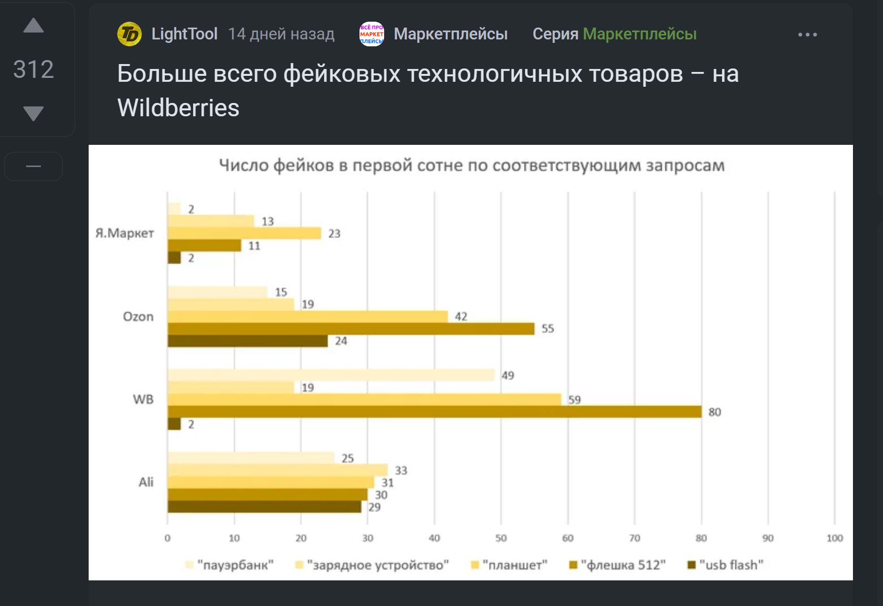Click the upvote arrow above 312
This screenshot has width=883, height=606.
[x=33, y=26]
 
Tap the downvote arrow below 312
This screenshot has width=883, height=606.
[x=33, y=113]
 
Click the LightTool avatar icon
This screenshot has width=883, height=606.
[x=130, y=34]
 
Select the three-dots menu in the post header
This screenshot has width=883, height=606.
[x=807, y=34]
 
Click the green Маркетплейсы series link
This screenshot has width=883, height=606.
[x=639, y=34]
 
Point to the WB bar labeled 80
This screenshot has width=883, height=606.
[x=434, y=412]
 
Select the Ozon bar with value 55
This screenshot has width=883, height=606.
[x=351, y=329]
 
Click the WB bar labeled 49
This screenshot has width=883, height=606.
[x=331, y=375]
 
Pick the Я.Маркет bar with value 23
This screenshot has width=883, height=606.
[x=244, y=233]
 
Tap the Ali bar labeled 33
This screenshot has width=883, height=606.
[x=277, y=470]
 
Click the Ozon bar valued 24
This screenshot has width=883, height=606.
[x=248, y=341]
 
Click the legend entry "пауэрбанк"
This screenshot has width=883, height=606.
[x=229, y=565]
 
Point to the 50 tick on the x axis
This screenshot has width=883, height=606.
[x=501, y=538]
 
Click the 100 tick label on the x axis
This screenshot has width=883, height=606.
[x=834, y=538]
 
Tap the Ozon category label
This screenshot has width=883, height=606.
[x=138, y=316]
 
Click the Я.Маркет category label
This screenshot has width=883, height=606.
[x=125, y=233]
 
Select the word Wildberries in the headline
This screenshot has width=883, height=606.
[x=178, y=108]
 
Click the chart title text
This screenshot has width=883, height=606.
[x=471, y=166]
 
